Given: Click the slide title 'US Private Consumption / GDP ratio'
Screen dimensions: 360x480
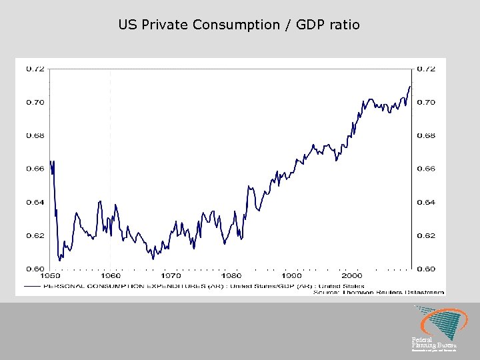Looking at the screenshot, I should [239, 25].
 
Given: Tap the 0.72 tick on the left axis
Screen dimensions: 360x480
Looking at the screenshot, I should [35, 69].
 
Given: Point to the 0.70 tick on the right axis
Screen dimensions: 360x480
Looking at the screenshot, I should [426, 102].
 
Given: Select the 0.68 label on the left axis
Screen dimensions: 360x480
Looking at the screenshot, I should [35, 135].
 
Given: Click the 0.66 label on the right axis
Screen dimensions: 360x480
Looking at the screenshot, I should [426, 169].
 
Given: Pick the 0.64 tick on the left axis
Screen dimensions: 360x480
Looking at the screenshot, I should [35, 202].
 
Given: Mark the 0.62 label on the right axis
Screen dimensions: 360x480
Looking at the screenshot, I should [426, 235].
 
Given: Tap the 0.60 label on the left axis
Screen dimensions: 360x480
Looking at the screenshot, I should [35, 269].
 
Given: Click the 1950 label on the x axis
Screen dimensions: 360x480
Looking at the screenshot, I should [51, 275].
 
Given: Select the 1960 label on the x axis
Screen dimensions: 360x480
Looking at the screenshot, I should [111, 275].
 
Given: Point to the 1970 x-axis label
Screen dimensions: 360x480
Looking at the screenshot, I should [171, 275].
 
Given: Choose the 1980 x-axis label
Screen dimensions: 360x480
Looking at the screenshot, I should [231, 275].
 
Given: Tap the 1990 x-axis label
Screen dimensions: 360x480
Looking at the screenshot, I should [291, 275].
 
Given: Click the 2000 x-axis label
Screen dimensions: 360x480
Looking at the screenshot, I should [351, 275].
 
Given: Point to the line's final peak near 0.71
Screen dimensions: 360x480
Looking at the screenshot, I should [410, 86].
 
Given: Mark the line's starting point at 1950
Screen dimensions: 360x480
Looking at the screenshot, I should [50, 161].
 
